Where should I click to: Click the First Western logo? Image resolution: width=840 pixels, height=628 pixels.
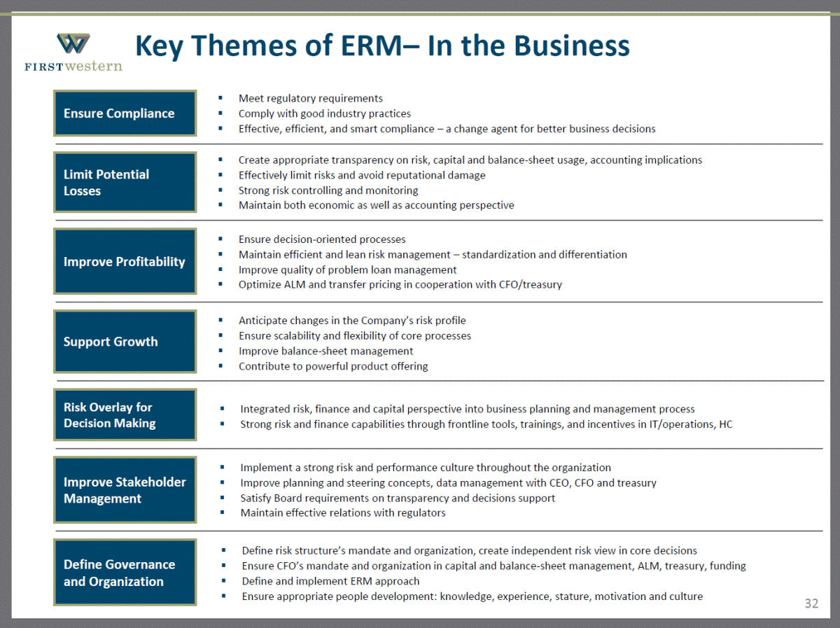[x=73, y=52]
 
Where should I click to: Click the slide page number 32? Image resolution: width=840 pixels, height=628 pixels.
[x=811, y=603]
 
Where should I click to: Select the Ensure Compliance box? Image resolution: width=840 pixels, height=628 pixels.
[x=125, y=113]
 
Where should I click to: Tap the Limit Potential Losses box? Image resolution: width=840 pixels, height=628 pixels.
[x=125, y=182]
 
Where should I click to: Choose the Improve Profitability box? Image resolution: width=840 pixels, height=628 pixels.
[x=125, y=261]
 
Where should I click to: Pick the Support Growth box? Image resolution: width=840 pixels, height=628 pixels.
[x=125, y=342]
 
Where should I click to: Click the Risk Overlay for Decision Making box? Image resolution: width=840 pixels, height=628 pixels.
[x=125, y=415]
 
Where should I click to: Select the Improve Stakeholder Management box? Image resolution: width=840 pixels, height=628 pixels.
[x=125, y=490]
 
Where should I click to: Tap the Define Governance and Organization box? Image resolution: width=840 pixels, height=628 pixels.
[x=125, y=573]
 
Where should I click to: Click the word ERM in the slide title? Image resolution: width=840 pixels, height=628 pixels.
[x=371, y=46]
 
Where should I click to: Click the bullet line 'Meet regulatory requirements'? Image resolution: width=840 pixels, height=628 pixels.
[x=310, y=98]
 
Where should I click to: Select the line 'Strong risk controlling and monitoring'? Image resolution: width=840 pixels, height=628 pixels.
[x=328, y=190]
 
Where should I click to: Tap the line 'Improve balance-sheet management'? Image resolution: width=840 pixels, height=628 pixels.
[x=325, y=351]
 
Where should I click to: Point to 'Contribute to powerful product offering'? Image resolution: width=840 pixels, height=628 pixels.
[x=333, y=366]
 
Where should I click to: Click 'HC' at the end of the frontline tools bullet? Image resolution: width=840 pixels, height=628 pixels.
[x=726, y=424]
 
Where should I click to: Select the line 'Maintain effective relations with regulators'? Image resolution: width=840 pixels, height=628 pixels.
[x=343, y=512]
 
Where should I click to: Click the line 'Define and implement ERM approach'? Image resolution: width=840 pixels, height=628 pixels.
[x=330, y=581]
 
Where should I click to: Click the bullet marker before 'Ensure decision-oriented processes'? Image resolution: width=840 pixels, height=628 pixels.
[x=220, y=239]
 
